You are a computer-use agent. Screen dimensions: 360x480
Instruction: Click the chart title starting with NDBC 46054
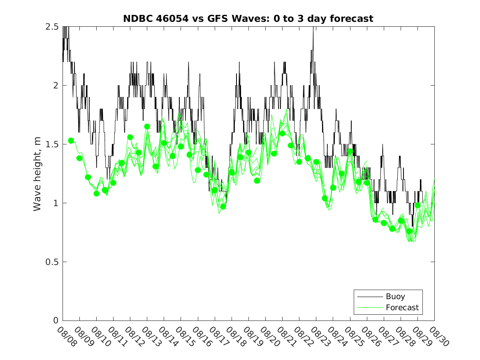click(x=248, y=19)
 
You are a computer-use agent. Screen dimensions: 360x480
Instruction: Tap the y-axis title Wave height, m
click(x=37, y=174)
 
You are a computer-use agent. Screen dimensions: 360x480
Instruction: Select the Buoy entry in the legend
click(x=395, y=296)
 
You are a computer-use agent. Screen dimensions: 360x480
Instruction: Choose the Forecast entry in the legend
click(x=402, y=307)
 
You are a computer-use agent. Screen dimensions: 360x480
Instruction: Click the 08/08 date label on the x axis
click(x=66, y=337)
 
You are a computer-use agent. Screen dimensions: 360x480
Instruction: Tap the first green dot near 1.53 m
click(x=71, y=141)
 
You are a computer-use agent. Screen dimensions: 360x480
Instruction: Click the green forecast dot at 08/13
click(x=147, y=126)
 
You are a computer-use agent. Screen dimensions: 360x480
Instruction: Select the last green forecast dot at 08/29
click(x=417, y=205)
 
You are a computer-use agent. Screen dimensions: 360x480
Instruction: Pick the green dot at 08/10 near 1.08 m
click(x=96, y=193)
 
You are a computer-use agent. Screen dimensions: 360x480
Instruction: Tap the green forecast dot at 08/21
click(x=282, y=133)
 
